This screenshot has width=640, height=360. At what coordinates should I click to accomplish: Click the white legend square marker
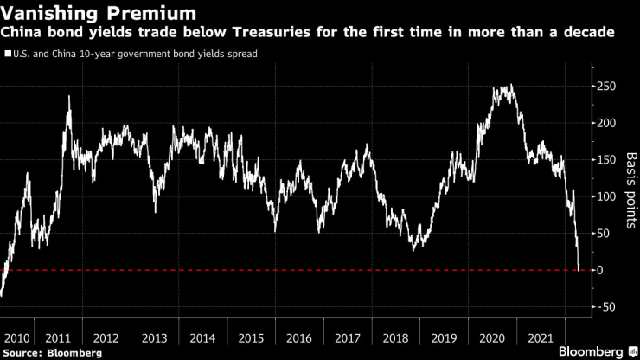coord(7,54)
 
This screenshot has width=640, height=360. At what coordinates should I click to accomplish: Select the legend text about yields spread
coord(135,54)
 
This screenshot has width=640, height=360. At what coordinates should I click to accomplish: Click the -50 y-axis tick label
coord(608,307)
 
